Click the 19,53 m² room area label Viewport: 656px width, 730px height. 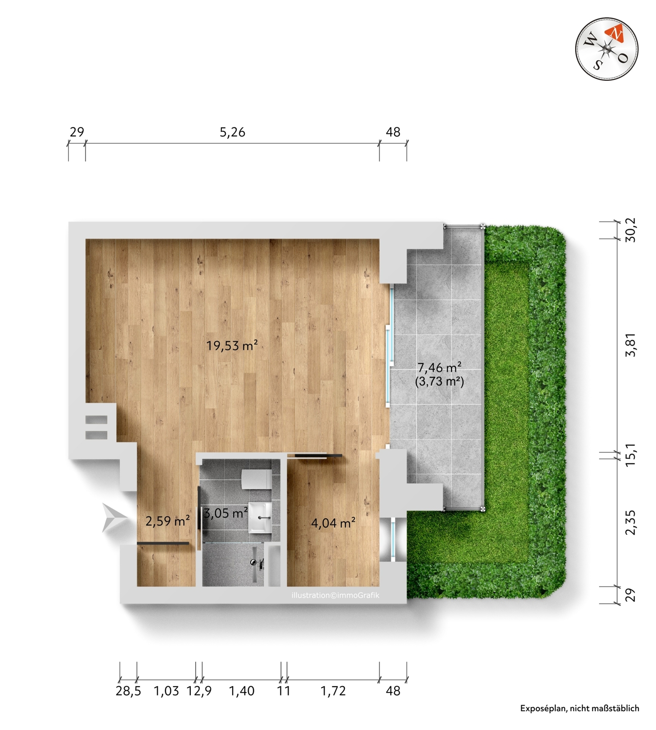232,345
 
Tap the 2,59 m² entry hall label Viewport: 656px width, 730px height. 167,521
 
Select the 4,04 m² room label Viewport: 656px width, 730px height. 333,523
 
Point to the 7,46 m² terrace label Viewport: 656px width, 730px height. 439,367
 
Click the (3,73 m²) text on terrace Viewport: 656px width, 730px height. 439,382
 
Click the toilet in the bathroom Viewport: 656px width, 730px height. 256,479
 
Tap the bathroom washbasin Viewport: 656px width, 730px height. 260,517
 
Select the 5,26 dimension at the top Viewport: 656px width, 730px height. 232,132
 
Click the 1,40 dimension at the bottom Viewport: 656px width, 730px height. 241,690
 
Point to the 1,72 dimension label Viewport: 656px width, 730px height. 333,690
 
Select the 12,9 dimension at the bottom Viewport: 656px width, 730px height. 199,690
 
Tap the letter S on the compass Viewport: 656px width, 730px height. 597,64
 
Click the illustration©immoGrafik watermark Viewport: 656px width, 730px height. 335,595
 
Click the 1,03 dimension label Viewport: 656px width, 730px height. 166,690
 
